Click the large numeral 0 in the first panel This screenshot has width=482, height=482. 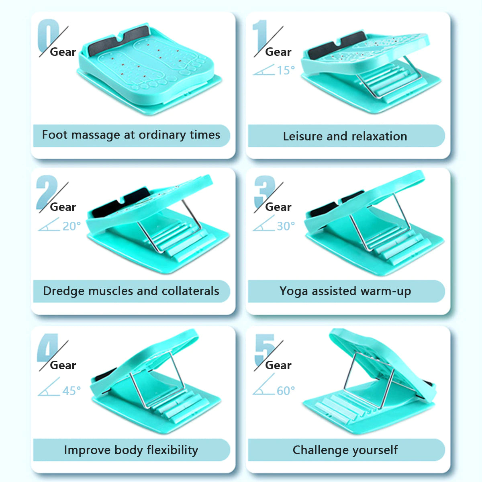pyautogui.click(x=48, y=35)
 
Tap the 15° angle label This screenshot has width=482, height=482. pyautogui.click(x=286, y=70)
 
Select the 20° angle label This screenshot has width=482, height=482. pyautogui.click(x=71, y=226)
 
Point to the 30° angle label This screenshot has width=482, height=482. pyautogui.click(x=286, y=226)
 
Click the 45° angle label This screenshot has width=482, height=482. pyautogui.click(x=71, y=391)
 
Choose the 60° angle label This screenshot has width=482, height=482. pyautogui.click(x=286, y=391)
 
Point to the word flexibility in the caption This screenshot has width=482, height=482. pyautogui.click(x=172, y=450)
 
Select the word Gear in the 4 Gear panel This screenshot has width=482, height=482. pyautogui.click(x=63, y=365)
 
